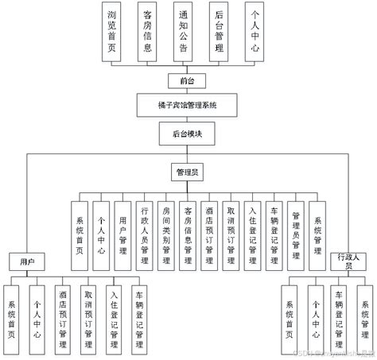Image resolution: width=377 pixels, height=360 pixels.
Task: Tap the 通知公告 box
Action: tap(185, 31)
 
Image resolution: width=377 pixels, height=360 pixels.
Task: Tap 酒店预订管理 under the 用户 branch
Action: tap(62, 315)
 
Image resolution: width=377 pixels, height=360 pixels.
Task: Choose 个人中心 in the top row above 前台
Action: tap(255, 31)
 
